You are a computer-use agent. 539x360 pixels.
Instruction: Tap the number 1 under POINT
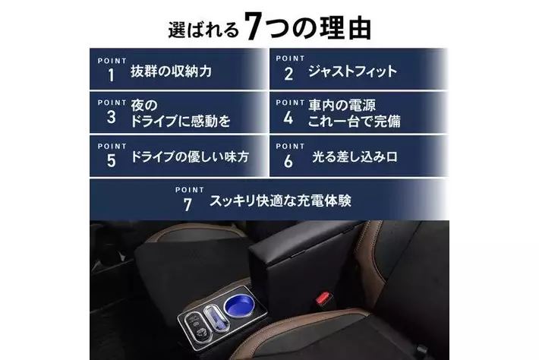click(111, 75)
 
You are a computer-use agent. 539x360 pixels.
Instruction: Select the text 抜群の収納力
click(171, 71)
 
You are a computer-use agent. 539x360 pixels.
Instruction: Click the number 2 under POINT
click(288, 74)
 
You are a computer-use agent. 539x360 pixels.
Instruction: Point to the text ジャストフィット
click(352, 71)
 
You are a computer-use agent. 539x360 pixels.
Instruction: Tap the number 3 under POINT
click(111, 117)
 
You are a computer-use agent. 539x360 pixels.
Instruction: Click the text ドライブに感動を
click(181, 122)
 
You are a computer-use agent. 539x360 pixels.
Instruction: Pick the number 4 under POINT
click(288, 118)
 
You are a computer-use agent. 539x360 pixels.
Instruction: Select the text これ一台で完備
click(354, 122)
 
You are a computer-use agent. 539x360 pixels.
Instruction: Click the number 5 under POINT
click(112, 161)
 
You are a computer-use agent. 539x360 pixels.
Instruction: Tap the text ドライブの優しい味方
click(190, 156)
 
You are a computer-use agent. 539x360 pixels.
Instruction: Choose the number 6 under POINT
click(288, 161)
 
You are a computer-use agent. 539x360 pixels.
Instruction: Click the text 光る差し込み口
click(355, 156)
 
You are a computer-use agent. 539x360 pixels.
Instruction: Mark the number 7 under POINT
click(188, 205)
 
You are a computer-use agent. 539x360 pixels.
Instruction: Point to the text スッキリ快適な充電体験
click(280, 201)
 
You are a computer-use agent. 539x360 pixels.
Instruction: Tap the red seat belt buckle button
click(323, 298)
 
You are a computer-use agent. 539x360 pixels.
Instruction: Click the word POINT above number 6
click(290, 146)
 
